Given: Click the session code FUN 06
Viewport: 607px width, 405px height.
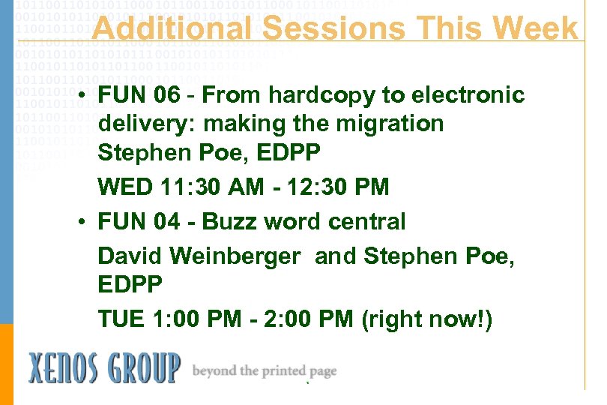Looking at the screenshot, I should tap(139, 95).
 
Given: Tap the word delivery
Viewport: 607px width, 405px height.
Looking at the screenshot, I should tap(143, 123).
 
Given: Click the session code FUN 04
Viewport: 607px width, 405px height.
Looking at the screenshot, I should tap(139, 222).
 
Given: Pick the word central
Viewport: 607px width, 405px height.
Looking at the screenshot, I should tap(366, 222).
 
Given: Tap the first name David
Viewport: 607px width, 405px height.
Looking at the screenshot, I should tap(130, 256).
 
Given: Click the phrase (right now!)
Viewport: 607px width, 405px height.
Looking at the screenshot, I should tap(426, 319).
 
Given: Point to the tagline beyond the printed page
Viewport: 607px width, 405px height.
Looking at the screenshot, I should tap(265, 370).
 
